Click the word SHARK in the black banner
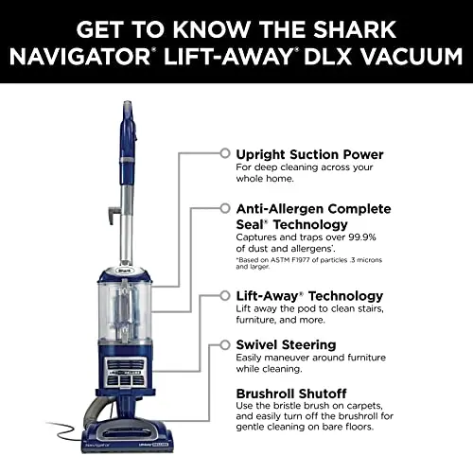pyautogui.click(x=355, y=29)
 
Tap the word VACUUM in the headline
pyautogui.click(x=412, y=57)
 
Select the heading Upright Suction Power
pyautogui.click(x=309, y=154)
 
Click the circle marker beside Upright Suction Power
pyautogui.click(x=225, y=153)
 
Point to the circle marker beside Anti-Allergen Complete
pyautogui.click(x=225, y=208)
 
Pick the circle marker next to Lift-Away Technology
pyautogui.click(x=225, y=296)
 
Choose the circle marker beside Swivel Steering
pyautogui.click(x=225, y=345)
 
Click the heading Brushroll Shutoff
pyautogui.click(x=291, y=394)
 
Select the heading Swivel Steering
pyautogui.click(x=286, y=345)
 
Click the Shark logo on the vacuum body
pyautogui.click(x=125, y=271)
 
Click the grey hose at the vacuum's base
pyautogui.click(x=95, y=410)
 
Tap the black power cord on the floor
pyautogui.click(x=64, y=430)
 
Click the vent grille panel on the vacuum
pyautogui.click(x=125, y=372)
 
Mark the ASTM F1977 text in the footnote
pyautogui.click(x=289, y=260)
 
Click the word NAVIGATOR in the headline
pyautogui.click(x=79, y=57)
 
